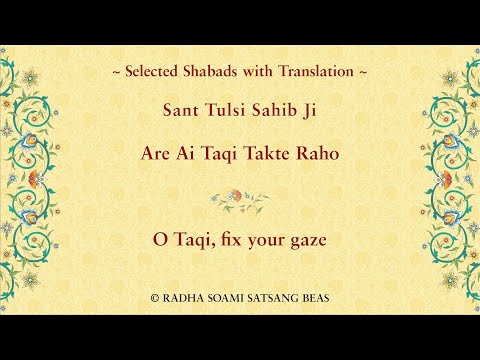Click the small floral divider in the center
pos(240,199)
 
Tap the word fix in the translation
pos(226,241)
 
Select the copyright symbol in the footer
pos(155,298)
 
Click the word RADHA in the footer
pos(182,298)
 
